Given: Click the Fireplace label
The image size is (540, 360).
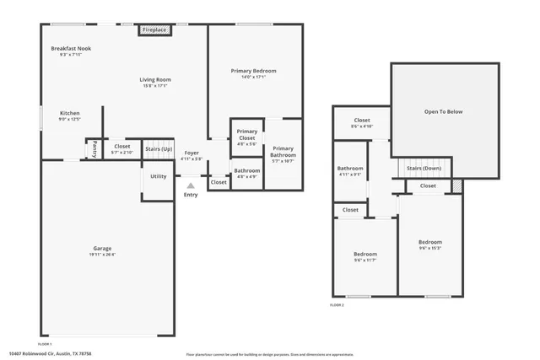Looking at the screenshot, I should coord(154,30).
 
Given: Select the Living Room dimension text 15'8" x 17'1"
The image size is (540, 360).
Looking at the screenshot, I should coord(154,85).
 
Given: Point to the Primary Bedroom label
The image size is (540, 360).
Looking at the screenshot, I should coord(253,71).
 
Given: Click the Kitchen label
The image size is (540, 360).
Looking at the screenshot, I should coord(70,113).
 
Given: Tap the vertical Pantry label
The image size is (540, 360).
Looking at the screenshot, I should coord(94,149).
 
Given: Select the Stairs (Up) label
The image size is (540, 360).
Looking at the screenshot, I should coord(158,148).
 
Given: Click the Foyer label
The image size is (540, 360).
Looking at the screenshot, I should coord(192,153).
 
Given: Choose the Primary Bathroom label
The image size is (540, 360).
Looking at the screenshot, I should coord(283,152).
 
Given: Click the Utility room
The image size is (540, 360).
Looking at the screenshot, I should coord(159,177).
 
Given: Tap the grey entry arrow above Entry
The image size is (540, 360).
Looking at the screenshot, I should coord(191,185).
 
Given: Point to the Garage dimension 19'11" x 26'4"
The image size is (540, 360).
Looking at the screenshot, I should coord(105,254).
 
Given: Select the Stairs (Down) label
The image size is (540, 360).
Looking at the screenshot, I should coord(424,168).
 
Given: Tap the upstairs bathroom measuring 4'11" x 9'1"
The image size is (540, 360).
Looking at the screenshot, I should coord(350,171).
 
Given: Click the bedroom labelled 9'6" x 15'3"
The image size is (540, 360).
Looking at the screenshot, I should coord(429,244).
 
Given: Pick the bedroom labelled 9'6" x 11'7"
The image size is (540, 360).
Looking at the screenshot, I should coord(364,257).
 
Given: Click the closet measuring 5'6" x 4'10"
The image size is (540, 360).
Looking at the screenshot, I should coord(362,124).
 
